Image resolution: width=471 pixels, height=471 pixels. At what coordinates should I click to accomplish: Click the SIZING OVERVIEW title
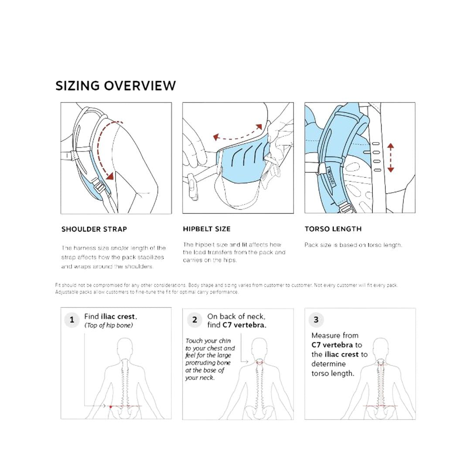[x=116, y=85]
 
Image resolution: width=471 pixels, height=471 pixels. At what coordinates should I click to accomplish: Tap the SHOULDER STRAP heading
[x=94, y=229]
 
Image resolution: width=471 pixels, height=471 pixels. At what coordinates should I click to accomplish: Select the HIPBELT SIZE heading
[x=207, y=229]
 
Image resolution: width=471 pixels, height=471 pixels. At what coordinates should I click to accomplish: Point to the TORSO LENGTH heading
[x=333, y=229]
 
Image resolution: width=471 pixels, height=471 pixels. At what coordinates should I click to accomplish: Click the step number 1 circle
[x=72, y=320]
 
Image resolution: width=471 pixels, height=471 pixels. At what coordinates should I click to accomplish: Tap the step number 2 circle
[x=195, y=320]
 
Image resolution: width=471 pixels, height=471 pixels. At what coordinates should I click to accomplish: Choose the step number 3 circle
[x=316, y=320]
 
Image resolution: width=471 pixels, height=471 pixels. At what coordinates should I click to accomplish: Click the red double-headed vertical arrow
[x=390, y=157]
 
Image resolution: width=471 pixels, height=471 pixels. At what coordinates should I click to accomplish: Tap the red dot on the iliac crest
[x=111, y=406]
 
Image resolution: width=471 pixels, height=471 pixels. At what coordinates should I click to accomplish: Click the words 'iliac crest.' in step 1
[x=119, y=317]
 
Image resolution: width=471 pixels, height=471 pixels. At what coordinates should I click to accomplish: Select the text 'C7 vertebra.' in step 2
[x=243, y=325]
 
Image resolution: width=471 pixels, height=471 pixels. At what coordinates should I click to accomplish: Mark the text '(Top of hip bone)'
[x=109, y=325]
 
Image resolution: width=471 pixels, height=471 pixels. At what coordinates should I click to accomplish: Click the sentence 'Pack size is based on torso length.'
[x=353, y=245]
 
